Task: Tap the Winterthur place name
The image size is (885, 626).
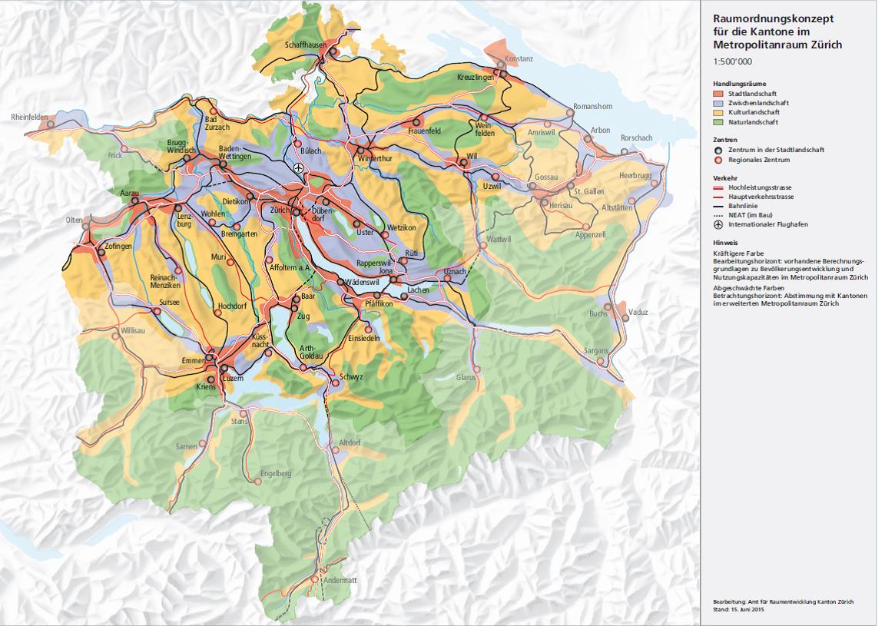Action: click(x=375, y=159)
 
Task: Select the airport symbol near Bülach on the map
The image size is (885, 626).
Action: click(x=299, y=167)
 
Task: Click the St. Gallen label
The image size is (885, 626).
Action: click(x=590, y=190)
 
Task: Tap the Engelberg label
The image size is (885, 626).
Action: click(x=276, y=474)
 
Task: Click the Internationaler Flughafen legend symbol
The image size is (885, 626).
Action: click(x=718, y=224)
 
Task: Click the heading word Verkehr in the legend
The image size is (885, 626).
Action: click(x=725, y=177)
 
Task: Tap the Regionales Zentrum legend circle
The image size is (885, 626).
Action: click(x=718, y=160)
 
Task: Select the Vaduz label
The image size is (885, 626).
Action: click(x=638, y=313)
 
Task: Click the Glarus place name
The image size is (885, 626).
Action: click(x=466, y=378)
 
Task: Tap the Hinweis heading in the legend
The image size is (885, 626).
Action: click(x=726, y=242)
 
